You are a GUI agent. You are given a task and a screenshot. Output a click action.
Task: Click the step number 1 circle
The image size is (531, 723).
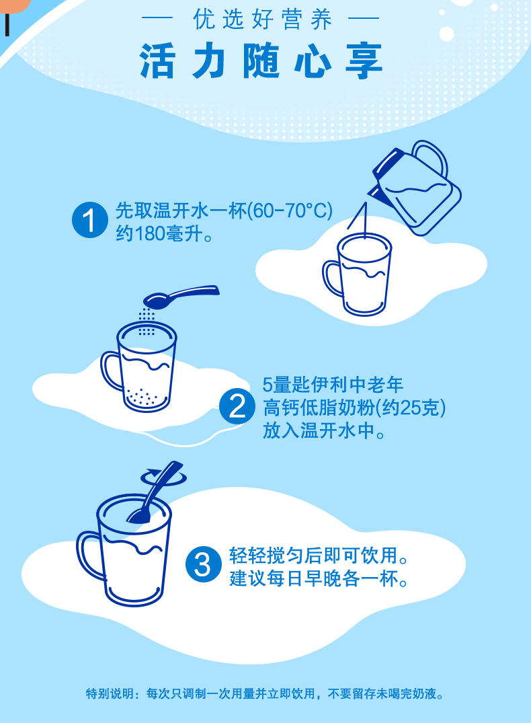pyautogui.click(x=90, y=220)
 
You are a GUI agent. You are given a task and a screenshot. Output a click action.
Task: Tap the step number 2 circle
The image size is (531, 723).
pyautogui.click(x=237, y=406)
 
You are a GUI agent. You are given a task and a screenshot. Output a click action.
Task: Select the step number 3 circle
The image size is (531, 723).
pyautogui.click(x=204, y=564)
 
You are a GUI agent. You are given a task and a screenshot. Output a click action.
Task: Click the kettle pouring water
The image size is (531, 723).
pyautogui.click(x=415, y=188)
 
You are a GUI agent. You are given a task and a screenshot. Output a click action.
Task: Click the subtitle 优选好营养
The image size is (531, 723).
pyautogui.click(x=262, y=20)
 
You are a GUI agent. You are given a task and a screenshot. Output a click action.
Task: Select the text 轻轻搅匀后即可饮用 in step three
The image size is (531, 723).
pyautogui.click(x=313, y=556)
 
